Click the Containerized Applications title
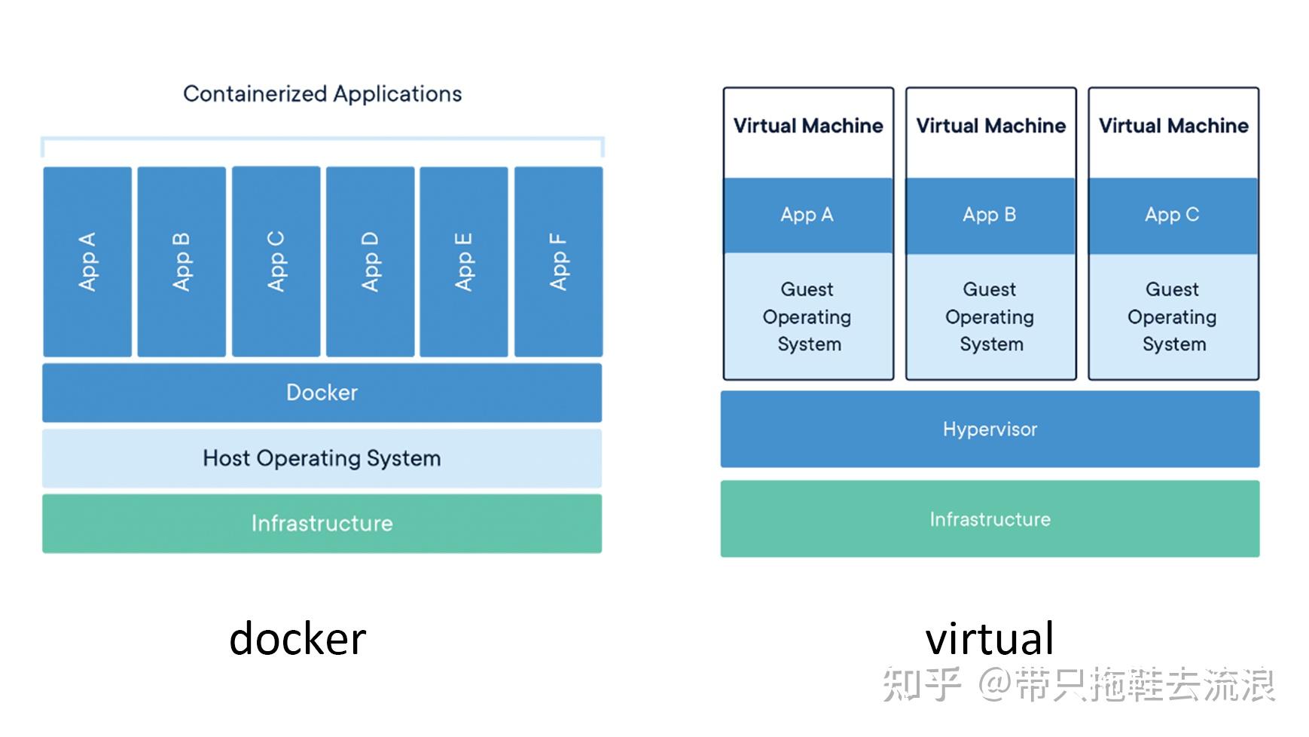point(322,94)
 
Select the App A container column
point(87,261)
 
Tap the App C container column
point(276,261)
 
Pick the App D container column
point(371,261)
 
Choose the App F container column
point(558,261)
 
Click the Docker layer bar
point(322,393)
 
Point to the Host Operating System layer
point(322,458)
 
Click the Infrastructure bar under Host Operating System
point(322,524)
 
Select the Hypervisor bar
point(990,430)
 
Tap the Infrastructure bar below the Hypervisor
point(990,519)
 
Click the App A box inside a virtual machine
point(807,216)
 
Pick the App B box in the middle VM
point(990,216)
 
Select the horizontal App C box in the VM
point(1173,216)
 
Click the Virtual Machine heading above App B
point(990,126)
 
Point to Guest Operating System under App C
point(1173,317)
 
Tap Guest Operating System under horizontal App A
point(807,317)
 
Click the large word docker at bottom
point(297,639)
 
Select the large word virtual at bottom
point(989,639)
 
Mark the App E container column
point(464,261)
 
